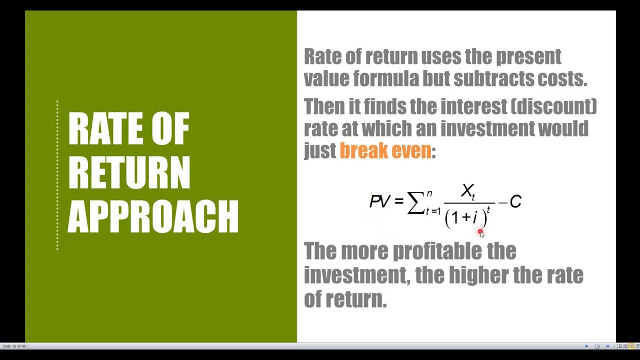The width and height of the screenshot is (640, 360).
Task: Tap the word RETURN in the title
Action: (129, 172)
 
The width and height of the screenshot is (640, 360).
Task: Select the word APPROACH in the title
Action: (153, 216)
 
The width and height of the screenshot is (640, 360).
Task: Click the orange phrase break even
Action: (385, 150)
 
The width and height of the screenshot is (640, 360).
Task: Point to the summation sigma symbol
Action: (415, 202)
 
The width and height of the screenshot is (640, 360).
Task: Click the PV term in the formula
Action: (379, 201)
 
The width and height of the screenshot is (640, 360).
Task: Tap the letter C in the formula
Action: (515, 202)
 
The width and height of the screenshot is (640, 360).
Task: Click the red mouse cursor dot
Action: (480, 232)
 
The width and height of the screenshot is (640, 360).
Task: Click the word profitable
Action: (437, 251)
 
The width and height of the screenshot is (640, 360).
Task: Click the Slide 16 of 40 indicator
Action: (14, 346)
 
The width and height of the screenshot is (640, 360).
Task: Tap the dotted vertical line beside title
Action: (57, 175)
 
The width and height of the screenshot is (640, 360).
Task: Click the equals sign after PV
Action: (398, 201)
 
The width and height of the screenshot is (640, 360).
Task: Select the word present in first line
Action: (528, 56)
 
